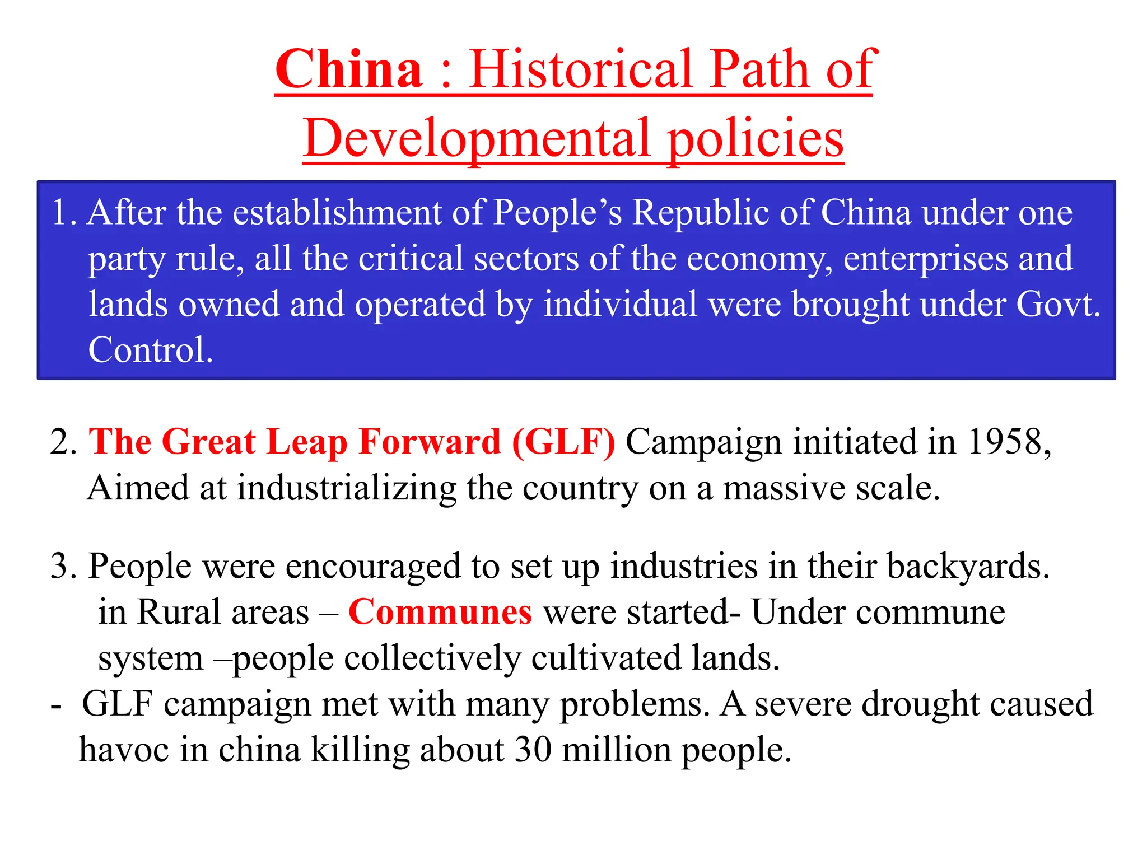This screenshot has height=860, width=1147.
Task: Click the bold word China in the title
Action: [348, 69]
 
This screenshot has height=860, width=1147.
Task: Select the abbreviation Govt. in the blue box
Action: [1059, 305]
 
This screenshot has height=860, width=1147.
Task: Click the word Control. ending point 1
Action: [151, 350]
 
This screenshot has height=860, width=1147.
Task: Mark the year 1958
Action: [1004, 442]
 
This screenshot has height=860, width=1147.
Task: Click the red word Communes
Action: [440, 612]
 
